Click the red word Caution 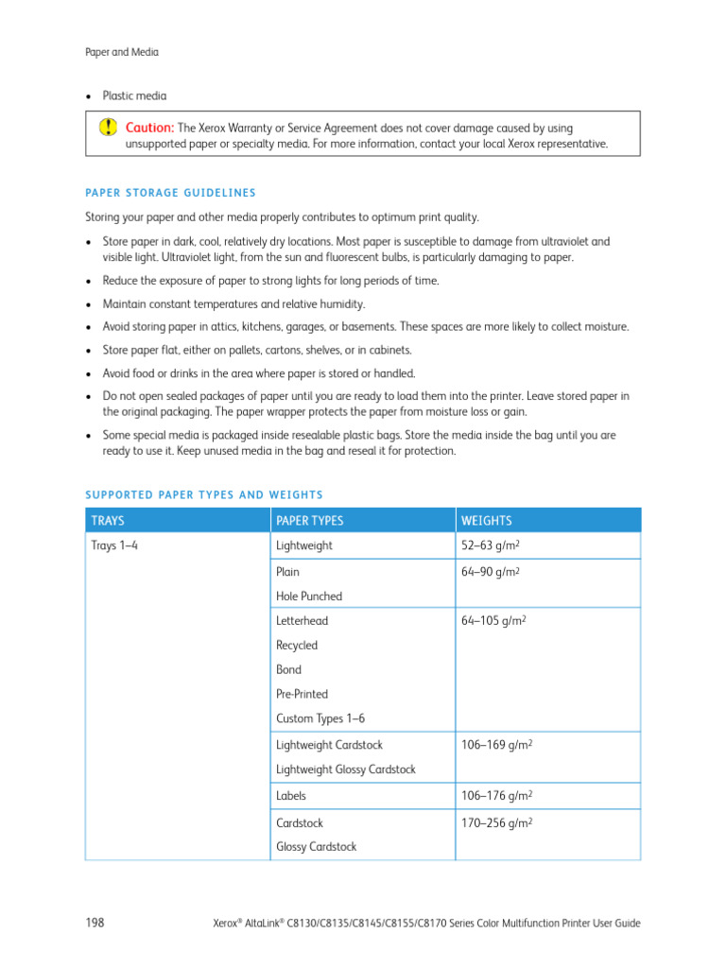[149, 128]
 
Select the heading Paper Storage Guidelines [170, 193]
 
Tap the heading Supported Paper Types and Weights [204, 494]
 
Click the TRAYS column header [108, 521]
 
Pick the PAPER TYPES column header [309, 521]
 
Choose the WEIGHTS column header [486, 521]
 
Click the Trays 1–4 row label [114, 546]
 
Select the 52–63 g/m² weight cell [493, 546]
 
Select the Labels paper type [291, 796]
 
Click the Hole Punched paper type [309, 596]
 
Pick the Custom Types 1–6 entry [320, 718]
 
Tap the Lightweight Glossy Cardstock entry [345, 769]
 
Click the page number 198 [95, 922]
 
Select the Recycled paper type [297, 646]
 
